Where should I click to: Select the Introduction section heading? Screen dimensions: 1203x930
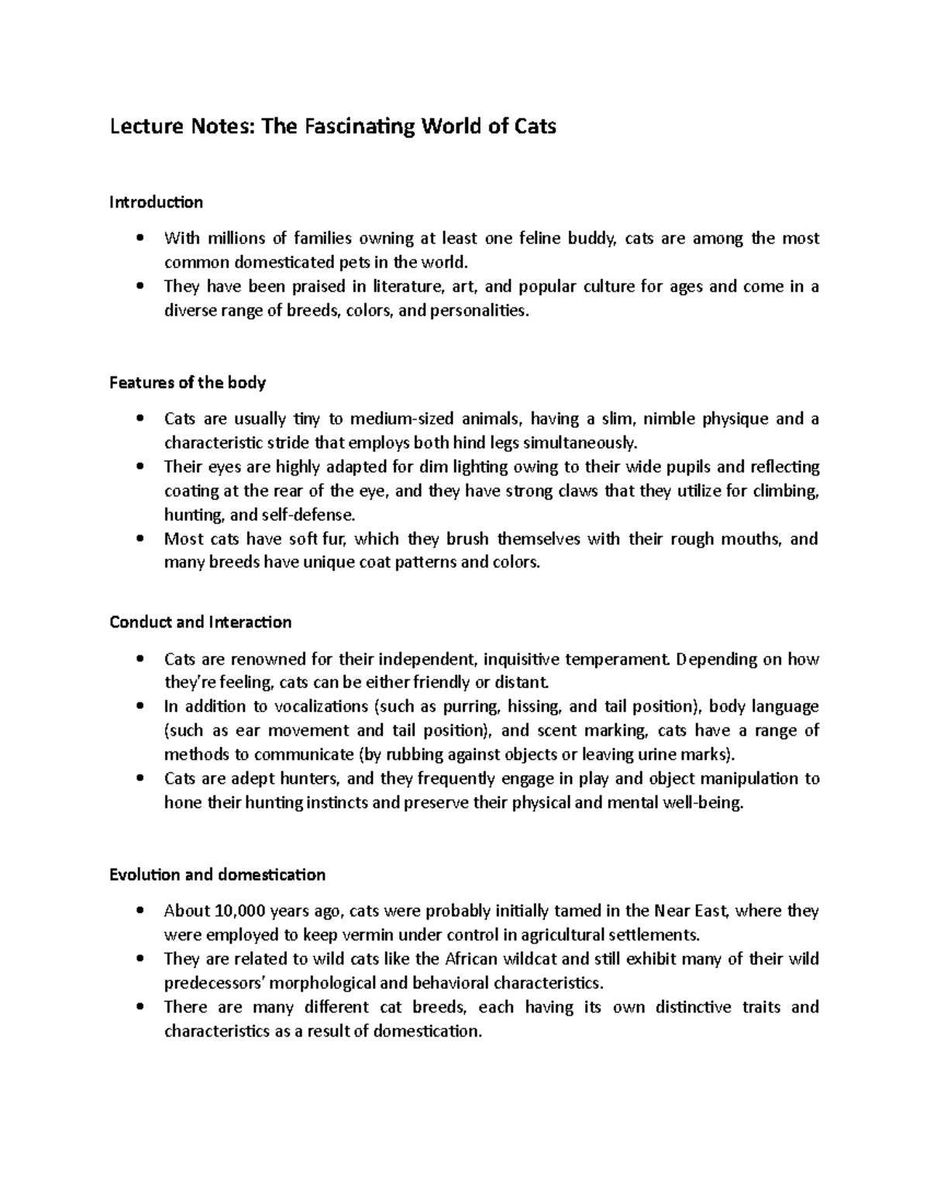pyautogui.click(x=156, y=202)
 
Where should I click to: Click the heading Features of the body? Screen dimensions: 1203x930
pyautogui.click(x=188, y=383)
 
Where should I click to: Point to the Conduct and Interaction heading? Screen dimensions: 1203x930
pyautogui.click(x=201, y=622)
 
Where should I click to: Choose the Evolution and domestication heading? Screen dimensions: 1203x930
pyautogui.click(x=217, y=875)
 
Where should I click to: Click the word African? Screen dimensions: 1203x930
pyautogui.click(x=473, y=959)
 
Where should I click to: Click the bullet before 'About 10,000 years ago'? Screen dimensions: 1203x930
pyautogui.click(x=139, y=911)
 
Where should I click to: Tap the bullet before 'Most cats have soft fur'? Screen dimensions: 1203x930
pyautogui.click(x=139, y=539)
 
